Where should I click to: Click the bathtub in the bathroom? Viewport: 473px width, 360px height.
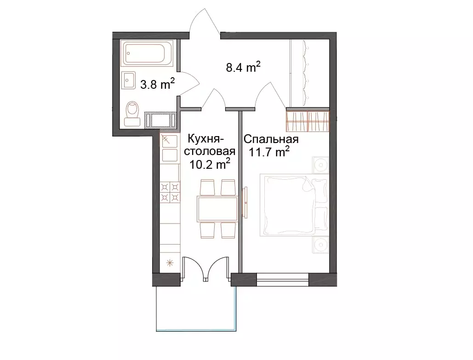(x=147, y=53)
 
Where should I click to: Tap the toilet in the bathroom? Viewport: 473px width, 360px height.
(x=132, y=114)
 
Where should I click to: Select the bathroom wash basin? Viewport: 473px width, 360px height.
(x=129, y=80)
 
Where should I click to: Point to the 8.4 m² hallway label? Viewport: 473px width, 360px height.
(x=243, y=67)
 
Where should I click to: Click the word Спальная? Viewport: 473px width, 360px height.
(x=271, y=139)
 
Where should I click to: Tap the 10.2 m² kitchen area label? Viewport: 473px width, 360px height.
(x=210, y=164)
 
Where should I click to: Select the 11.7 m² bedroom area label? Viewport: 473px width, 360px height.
(x=269, y=152)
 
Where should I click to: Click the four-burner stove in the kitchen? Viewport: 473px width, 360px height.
(x=170, y=192)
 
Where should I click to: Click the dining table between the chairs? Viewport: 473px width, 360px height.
(x=217, y=209)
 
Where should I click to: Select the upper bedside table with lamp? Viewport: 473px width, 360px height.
(x=321, y=165)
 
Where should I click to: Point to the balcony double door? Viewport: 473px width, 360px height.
(x=205, y=269)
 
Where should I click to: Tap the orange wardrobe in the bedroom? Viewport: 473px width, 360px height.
(x=308, y=121)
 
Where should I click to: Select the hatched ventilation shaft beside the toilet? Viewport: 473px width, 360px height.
(x=160, y=120)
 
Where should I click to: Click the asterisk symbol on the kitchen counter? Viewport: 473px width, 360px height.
(x=170, y=263)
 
